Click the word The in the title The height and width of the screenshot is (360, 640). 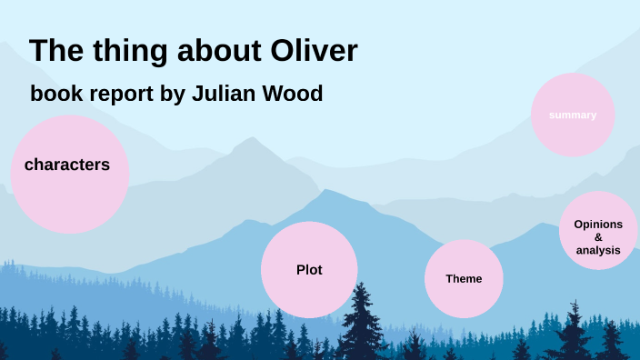click(x=56, y=52)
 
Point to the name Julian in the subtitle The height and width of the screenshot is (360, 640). click(x=227, y=94)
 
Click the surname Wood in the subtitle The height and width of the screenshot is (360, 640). click(x=295, y=94)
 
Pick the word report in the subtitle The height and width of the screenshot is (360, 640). click(x=114, y=95)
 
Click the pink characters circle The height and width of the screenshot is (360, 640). click(x=69, y=173)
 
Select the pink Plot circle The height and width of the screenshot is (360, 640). click(x=309, y=269)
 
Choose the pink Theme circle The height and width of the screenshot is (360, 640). click(x=464, y=279)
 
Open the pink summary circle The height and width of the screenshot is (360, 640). click(x=573, y=115)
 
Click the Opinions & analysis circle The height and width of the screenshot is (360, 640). click(x=598, y=231)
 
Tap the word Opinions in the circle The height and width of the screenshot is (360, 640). click(x=598, y=224)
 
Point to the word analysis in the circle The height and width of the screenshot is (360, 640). click(x=598, y=249)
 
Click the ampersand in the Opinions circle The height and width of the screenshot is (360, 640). click(x=598, y=236)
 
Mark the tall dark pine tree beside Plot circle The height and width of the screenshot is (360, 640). click(x=363, y=323)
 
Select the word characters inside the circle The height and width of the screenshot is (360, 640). click(x=67, y=165)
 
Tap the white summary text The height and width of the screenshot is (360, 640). click(x=573, y=115)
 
